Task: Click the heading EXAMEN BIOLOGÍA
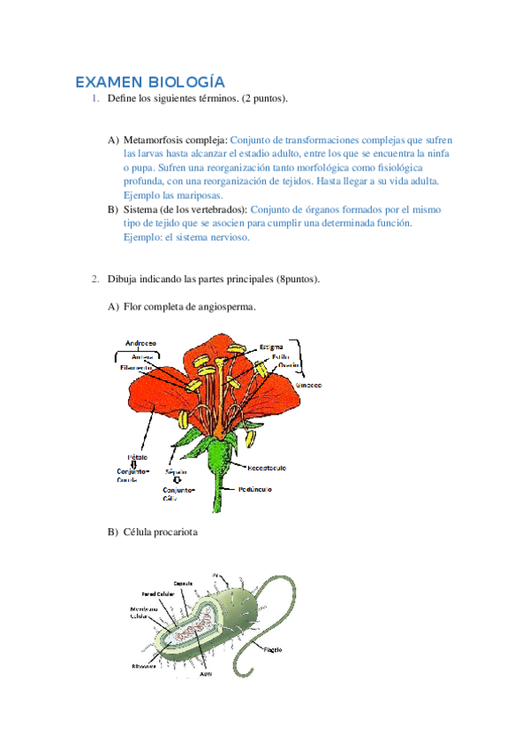click(149, 82)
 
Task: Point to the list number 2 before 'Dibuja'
click(94, 279)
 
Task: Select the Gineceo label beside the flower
click(308, 385)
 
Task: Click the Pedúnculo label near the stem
click(255, 488)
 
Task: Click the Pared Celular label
click(156, 593)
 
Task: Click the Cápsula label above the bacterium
click(184, 584)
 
